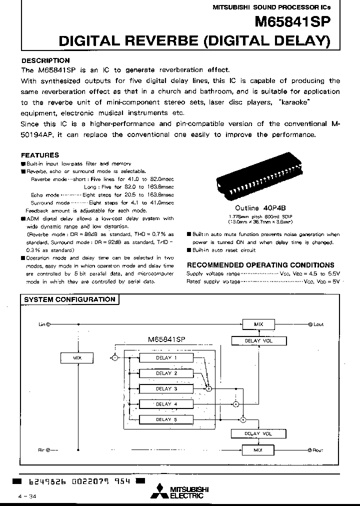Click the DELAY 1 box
tap(165, 357)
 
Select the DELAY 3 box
tap(165, 388)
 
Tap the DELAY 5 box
tap(165, 419)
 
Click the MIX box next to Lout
tap(258, 324)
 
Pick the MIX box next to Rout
tap(258, 450)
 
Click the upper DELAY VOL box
tap(252, 341)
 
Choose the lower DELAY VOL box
tap(252, 434)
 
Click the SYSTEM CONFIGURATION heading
tap(69, 299)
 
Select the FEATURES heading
tap(40, 155)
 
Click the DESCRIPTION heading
tap(45, 60)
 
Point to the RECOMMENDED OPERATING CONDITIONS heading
tap(260, 265)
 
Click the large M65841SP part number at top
tap(293, 22)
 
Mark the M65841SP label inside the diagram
tap(167, 339)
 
